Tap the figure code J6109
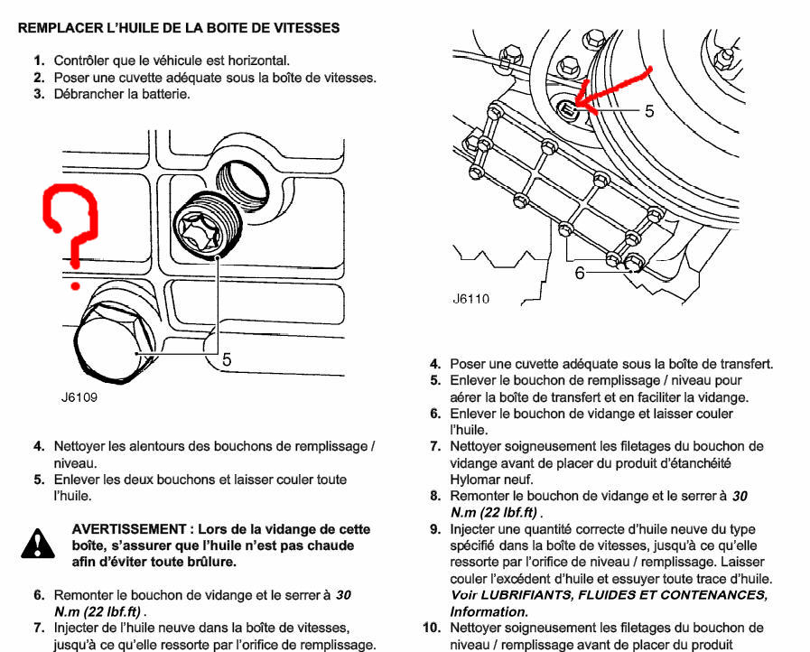pyautogui.click(x=79, y=396)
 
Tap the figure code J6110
pyautogui.click(x=470, y=299)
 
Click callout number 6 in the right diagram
pyautogui.click(x=580, y=272)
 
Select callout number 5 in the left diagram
pyautogui.click(x=227, y=359)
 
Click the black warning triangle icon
pyautogui.click(x=34, y=542)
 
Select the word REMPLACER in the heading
pyautogui.click(x=56, y=28)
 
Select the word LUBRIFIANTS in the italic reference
pyautogui.click(x=501, y=595)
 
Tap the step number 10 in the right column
pyautogui.click(x=432, y=628)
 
